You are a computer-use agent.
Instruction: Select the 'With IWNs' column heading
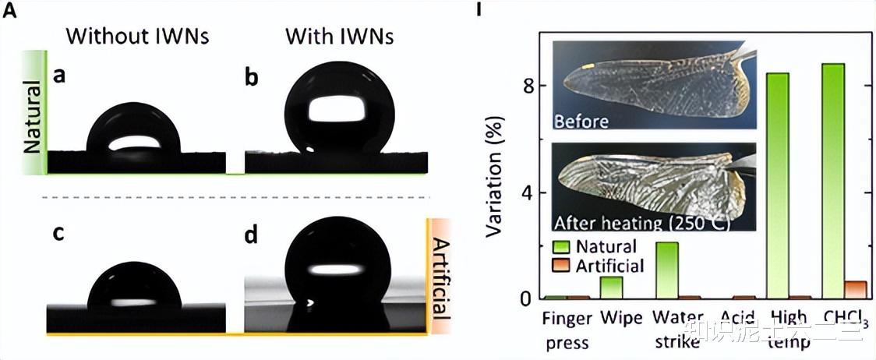[339, 36]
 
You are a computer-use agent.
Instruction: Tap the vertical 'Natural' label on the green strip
[33, 110]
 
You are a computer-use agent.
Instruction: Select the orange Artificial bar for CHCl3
[856, 290]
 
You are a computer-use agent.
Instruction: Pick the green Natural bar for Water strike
[667, 270]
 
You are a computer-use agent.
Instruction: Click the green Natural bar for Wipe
[611, 288]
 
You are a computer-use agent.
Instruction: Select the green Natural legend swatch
[561, 246]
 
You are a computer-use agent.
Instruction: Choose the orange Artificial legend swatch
[561, 266]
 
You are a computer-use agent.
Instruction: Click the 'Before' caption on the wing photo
[581, 121]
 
